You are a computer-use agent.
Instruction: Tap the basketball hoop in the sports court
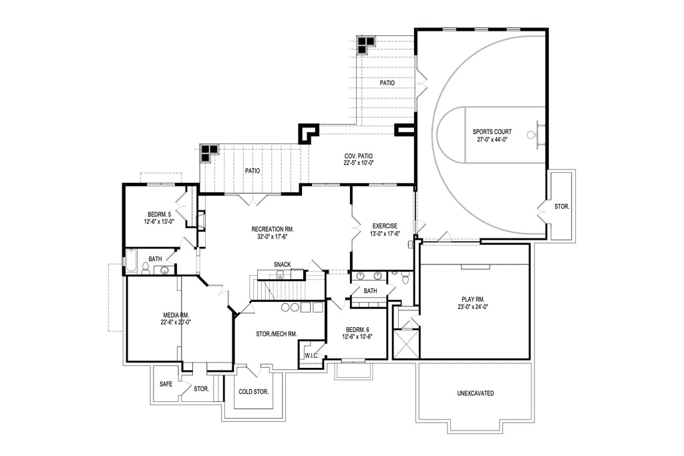pos(532,135)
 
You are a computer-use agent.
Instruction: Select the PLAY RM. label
pos(474,299)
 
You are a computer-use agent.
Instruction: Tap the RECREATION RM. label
pos(273,229)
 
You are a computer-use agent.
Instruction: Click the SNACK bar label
pos(282,264)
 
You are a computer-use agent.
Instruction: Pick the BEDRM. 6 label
pos(357,328)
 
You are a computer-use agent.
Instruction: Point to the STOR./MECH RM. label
pos(277,333)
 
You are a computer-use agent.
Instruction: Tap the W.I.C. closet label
pos(311,356)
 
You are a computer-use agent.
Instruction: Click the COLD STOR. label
pos(254,392)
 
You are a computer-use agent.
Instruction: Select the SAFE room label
pos(166,384)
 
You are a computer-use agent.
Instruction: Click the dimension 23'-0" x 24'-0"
pos(474,307)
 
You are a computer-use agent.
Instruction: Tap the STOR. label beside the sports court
pos(562,206)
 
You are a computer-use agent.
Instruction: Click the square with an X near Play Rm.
pos(406,344)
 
